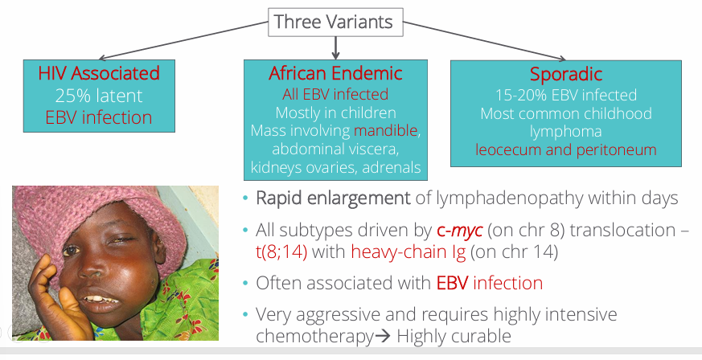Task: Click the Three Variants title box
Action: pyautogui.click(x=335, y=22)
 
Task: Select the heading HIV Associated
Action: pyautogui.click(x=99, y=73)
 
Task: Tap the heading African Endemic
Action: pyautogui.click(x=335, y=73)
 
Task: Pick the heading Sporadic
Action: pyautogui.click(x=566, y=74)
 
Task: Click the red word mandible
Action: pyautogui.click(x=385, y=131)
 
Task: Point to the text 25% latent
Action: pyautogui.click(x=99, y=96)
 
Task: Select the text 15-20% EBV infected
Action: pyautogui.click(x=566, y=95)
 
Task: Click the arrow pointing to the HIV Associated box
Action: pyautogui.click(x=183, y=40)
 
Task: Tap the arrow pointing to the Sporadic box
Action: pyautogui.click(x=484, y=40)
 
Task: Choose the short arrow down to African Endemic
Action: pyautogui.click(x=335, y=48)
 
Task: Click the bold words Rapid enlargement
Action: pyautogui.click(x=333, y=198)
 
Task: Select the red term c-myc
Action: pyautogui.click(x=460, y=231)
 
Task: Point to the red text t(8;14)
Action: pyautogui.click(x=281, y=252)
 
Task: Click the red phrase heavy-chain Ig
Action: pyautogui.click(x=408, y=252)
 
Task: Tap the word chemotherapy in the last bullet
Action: pyautogui.click(x=314, y=337)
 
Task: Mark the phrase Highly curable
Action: pyautogui.click(x=454, y=336)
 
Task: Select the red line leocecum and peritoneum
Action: pyautogui.click(x=566, y=149)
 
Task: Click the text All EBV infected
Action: pyautogui.click(x=335, y=94)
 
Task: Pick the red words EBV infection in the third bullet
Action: pyautogui.click(x=490, y=283)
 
